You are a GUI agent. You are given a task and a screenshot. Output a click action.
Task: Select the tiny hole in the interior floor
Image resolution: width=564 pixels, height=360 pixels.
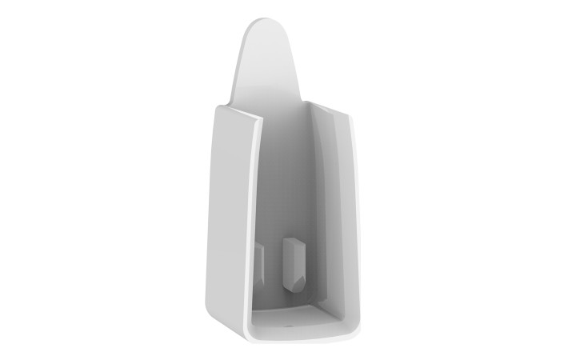pyautogui.click(x=289, y=326)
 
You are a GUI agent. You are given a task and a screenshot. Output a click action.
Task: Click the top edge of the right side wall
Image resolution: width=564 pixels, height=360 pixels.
pyautogui.click(x=331, y=109)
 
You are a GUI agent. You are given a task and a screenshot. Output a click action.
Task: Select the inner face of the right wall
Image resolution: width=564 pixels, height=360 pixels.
pyautogui.click(x=332, y=216)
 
